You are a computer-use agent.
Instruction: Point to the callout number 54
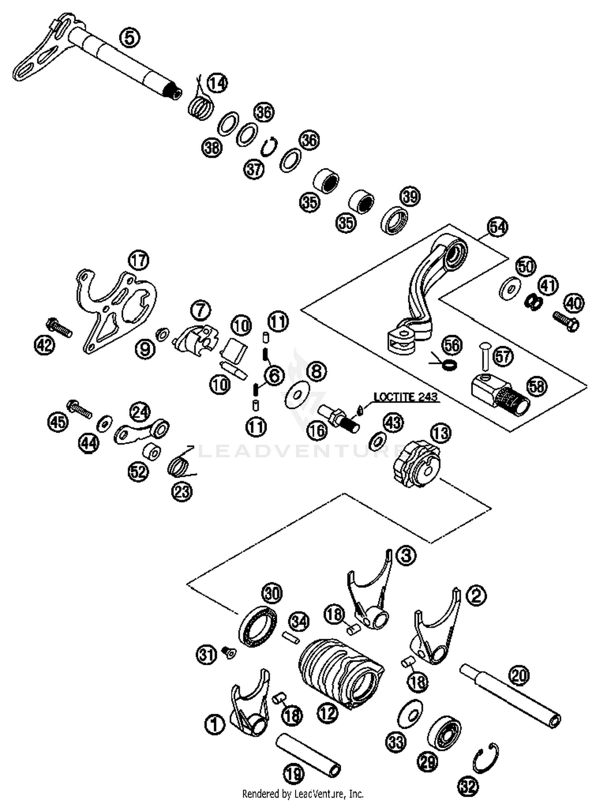click(x=497, y=227)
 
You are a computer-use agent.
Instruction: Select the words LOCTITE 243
click(x=405, y=397)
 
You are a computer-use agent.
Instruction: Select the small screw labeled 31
click(x=229, y=652)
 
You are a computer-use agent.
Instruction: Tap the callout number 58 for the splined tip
click(x=537, y=386)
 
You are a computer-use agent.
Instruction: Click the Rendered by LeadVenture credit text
click(x=303, y=793)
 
